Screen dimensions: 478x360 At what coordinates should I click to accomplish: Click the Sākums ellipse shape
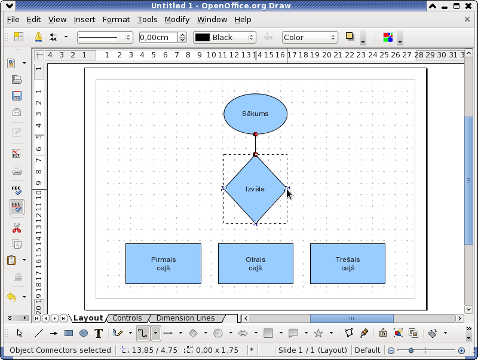point(256,114)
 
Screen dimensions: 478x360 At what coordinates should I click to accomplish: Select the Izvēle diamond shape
point(256,189)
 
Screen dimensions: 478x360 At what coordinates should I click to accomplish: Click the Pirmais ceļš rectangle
point(163,264)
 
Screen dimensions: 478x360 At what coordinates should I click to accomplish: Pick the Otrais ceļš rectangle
point(256,264)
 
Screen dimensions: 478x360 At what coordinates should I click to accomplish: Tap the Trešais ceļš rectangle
point(348,264)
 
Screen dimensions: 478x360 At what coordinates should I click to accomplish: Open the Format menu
point(116,20)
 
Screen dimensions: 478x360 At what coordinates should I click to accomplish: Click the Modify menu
point(177,20)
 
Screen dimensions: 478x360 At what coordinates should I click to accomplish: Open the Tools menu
point(147,20)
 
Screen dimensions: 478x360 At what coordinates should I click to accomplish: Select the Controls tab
point(127,318)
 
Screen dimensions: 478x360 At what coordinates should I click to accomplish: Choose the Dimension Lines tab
point(186,318)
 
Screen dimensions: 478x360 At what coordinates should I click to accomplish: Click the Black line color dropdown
point(225,38)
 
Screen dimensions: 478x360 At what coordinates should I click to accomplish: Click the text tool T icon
point(99,333)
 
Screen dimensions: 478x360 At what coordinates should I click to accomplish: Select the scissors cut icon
point(17,228)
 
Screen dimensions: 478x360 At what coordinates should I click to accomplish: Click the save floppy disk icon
point(17,96)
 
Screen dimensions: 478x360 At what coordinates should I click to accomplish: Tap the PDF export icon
point(17,153)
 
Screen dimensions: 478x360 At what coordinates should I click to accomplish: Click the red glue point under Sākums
point(256,134)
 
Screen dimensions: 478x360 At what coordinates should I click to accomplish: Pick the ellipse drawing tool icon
point(84,333)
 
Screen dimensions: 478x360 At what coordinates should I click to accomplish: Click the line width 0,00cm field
point(158,38)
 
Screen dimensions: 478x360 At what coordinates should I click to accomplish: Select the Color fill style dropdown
point(310,38)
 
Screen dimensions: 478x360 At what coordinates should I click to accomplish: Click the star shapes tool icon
point(318,333)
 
